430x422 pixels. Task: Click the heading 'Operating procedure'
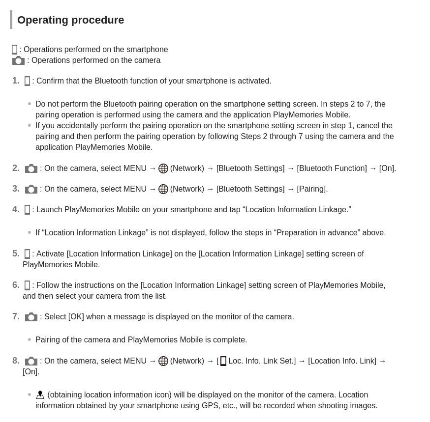(x=70, y=20)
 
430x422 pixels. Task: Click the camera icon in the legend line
(x=18, y=60)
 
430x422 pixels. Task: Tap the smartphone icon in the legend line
(x=15, y=50)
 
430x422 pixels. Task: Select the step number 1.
(x=16, y=81)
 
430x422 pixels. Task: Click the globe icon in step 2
(x=163, y=169)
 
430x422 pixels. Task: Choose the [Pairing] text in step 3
(x=312, y=189)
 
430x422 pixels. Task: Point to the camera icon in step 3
(x=31, y=189)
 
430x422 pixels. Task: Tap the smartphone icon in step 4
(x=27, y=210)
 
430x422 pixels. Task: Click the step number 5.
(x=16, y=254)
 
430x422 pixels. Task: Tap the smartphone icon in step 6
(x=27, y=285)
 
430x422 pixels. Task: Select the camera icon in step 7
(x=31, y=317)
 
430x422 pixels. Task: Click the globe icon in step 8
(x=163, y=361)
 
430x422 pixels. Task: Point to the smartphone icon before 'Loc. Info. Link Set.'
(x=223, y=361)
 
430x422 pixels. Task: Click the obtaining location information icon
(x=40, y=395)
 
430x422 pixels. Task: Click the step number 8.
(x=16, y=361)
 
